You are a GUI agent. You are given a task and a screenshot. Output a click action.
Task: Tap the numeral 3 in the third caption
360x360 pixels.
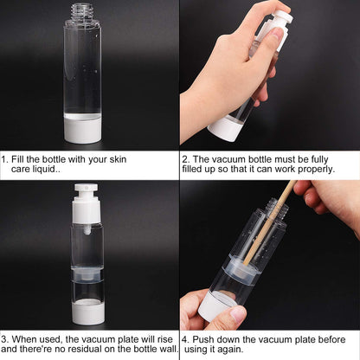tap(4, 340)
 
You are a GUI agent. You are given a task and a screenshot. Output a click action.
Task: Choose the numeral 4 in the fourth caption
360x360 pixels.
tap(185, 340)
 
